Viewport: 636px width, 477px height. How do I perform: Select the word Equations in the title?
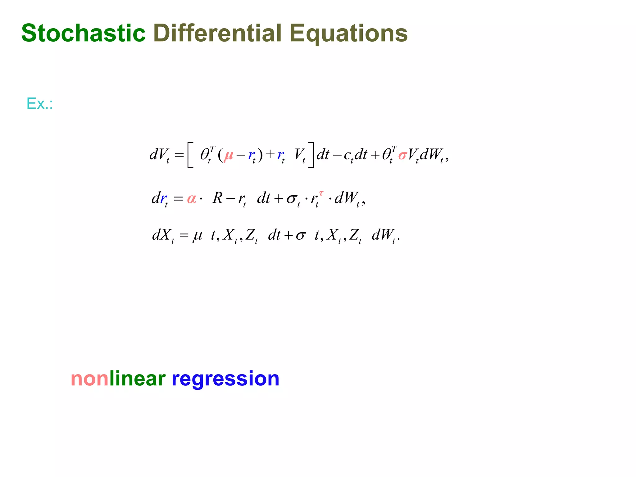point(348,34)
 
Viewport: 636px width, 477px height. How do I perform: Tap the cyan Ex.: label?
point(40,104)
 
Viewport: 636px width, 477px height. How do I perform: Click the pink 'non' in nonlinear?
point(90,379)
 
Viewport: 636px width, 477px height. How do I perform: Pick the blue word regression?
point(225,379)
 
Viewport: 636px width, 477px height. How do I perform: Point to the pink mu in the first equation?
point(229,155)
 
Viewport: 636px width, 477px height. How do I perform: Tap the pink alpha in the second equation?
point(192,198)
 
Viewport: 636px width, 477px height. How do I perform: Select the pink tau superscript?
point(321,193)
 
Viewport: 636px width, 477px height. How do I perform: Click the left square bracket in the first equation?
point(190,155)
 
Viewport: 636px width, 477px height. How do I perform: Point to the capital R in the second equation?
point(217,198)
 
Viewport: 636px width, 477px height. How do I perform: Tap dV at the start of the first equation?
point(159,155)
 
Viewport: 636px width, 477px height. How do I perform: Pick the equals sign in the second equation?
point(178,198)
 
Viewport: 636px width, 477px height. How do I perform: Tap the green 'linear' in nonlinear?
point(138,379)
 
